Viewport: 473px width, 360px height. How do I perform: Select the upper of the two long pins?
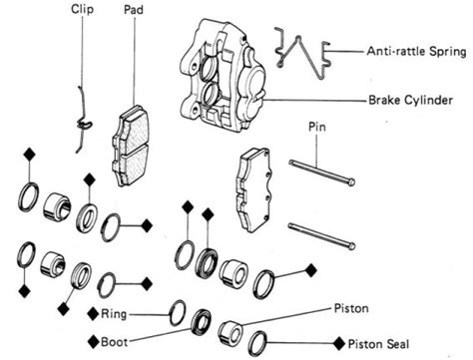point(320,173)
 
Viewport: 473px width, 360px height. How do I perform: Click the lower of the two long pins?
point(320,235)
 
